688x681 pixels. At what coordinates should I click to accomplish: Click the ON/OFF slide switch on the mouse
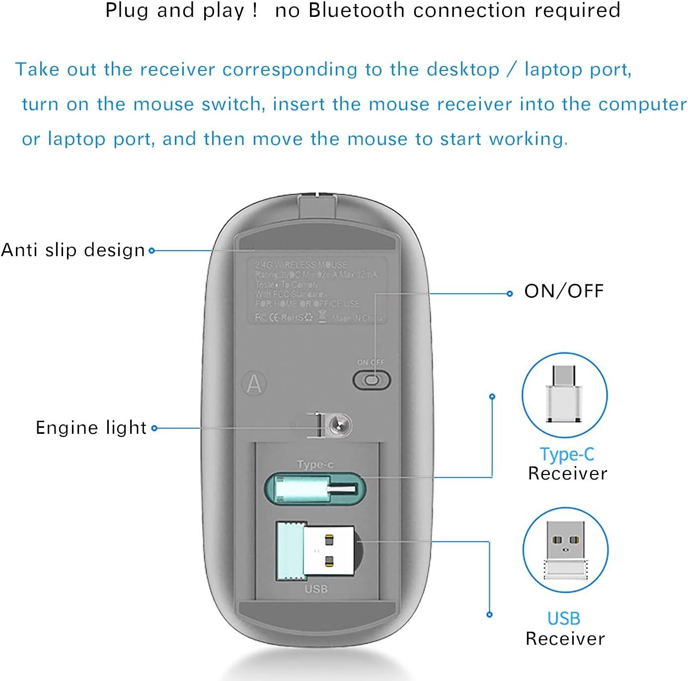(x=372, y=381)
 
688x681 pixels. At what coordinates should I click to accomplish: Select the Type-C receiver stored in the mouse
(x=315, y=489)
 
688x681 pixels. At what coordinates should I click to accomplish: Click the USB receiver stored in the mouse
(x=315, y=550)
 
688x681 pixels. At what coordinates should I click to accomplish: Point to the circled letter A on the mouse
(x=254, y=384)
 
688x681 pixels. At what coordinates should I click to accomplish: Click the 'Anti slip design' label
(x=73, y=250)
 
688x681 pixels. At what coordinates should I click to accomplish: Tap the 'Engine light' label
(x=91, y=427)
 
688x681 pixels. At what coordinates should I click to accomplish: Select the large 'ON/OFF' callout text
(x=564, y=291)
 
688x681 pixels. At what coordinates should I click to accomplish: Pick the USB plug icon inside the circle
(x=565, y=549)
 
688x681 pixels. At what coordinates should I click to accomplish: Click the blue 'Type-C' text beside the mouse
(x=567, y=454)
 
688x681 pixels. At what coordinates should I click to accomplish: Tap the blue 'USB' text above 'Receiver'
(x=564, y=618)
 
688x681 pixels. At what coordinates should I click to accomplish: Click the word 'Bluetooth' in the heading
(x=356, y=10)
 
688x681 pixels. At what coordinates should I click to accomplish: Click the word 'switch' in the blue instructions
(x=233, y=104)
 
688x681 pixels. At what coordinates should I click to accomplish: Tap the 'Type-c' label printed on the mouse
(x=315, y=464)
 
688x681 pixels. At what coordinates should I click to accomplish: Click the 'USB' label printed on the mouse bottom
(x=316, y=589)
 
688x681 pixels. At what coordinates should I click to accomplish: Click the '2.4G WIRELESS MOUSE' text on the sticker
(x=301, y=265)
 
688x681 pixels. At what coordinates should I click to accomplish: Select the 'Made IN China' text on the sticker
(x=357, y=318)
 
